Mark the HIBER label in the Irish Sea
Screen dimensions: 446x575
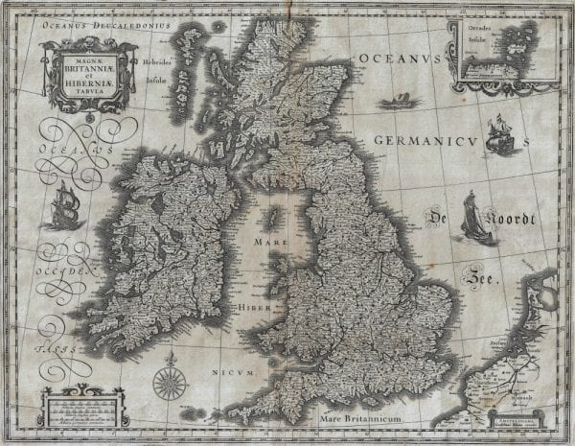[x=250, y=308]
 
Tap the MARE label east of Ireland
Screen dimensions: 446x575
[x=270, y=244]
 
